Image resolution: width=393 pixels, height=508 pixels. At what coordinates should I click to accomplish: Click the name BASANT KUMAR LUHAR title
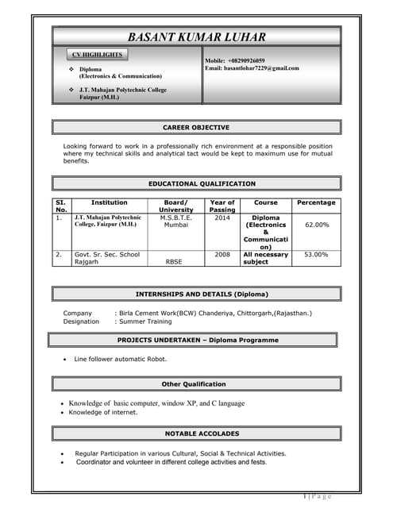(196, 37)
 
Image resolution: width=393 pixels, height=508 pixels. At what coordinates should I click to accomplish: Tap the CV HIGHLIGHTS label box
(97, 55)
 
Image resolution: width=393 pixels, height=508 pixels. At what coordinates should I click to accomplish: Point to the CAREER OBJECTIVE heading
(196, 127)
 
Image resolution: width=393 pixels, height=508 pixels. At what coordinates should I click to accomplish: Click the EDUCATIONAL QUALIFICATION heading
(196, 183)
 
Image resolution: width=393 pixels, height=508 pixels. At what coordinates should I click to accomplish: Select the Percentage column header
(316, 202)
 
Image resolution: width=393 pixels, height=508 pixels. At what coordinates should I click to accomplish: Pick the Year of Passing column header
(222, 206)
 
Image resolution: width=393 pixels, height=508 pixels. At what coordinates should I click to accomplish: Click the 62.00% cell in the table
(317, 225)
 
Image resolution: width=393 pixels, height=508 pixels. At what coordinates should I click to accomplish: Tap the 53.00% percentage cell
(317, 255)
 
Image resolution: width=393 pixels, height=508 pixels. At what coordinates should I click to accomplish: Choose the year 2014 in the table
(222, 217)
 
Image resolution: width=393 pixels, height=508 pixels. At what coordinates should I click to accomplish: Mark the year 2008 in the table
(222, 255)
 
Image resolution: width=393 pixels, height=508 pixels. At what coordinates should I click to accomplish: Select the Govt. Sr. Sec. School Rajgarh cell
(107, 258)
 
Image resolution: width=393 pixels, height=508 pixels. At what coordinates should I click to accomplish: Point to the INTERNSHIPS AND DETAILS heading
(196, 294)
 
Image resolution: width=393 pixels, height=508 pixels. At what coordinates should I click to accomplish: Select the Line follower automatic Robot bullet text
(121, 360)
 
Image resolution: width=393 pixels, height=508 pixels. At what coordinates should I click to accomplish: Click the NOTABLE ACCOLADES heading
(196, 433)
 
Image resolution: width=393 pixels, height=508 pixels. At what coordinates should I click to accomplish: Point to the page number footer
(316, 496)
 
